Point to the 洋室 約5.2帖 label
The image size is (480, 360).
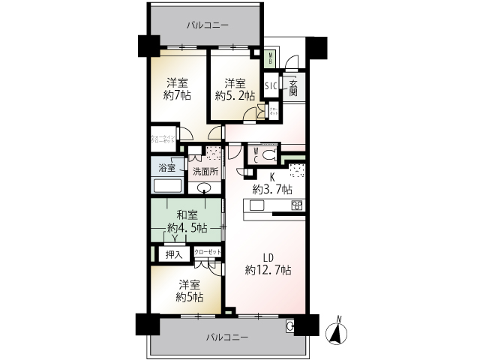click(x=235, y=89)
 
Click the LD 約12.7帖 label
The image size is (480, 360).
click(x=268, y=263)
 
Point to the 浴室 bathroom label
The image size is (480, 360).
click(x=166, y=169)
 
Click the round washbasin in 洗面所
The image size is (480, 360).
click(x=203, y=188)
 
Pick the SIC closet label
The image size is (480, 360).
click(x=271, y=86)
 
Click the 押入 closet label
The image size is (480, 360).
click(x=174, y=255)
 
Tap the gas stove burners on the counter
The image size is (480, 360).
click(x=296, y=205)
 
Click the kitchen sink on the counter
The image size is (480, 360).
click(x=257, y=205)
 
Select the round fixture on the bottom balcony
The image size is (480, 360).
click(x=289, y=325)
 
